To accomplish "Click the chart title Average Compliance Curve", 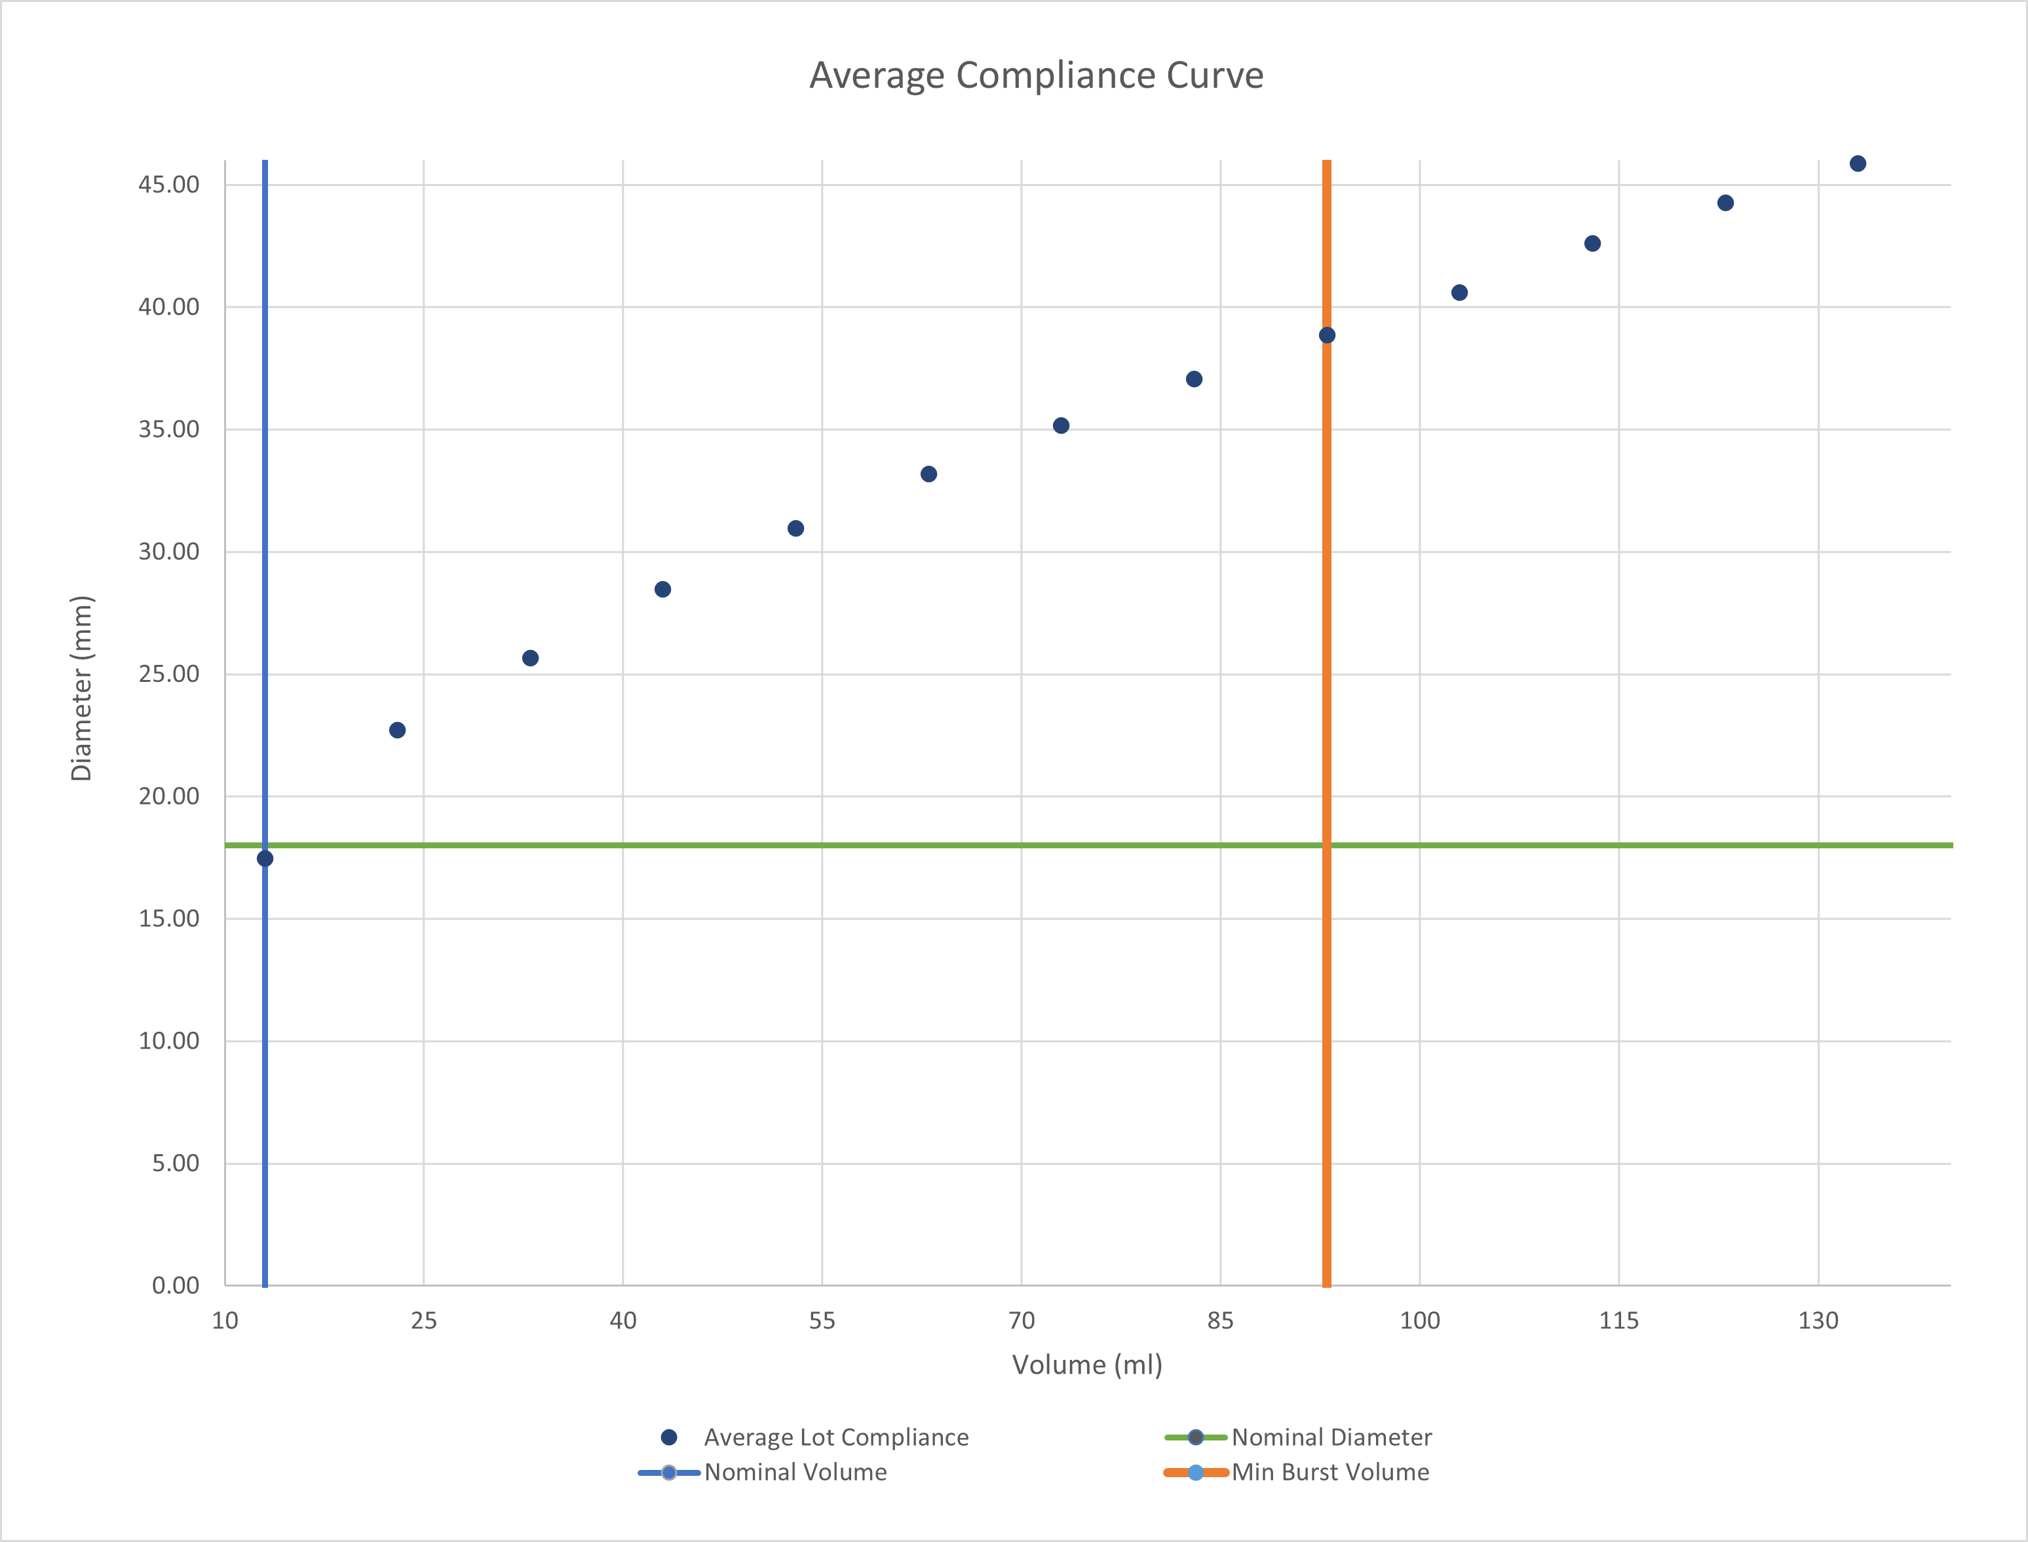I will (1035, 75).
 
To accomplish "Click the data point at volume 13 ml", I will (265, 858).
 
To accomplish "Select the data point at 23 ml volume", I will (398, 730).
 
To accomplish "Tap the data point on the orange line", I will (1327, 335).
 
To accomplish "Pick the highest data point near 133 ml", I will (1857, 163).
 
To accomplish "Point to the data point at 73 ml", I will (1062, 425).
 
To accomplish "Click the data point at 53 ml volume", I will (796, 528).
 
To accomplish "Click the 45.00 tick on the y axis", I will (169, 185).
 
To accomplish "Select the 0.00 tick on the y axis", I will (176, 1285).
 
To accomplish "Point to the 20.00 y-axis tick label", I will (169, 796).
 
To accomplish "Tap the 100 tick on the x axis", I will (1419, 1321).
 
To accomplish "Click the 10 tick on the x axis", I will (225, 1321).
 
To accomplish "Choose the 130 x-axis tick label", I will (1818, 1321).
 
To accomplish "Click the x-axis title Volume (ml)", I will (1087, 1365).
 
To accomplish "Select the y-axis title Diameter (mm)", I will (82, 688).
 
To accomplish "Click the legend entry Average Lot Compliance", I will (835, 1437).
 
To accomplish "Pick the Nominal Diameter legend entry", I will (1331, 1437).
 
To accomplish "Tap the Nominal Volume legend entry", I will (795, 1473).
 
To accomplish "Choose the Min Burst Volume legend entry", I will (1330, 1473).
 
